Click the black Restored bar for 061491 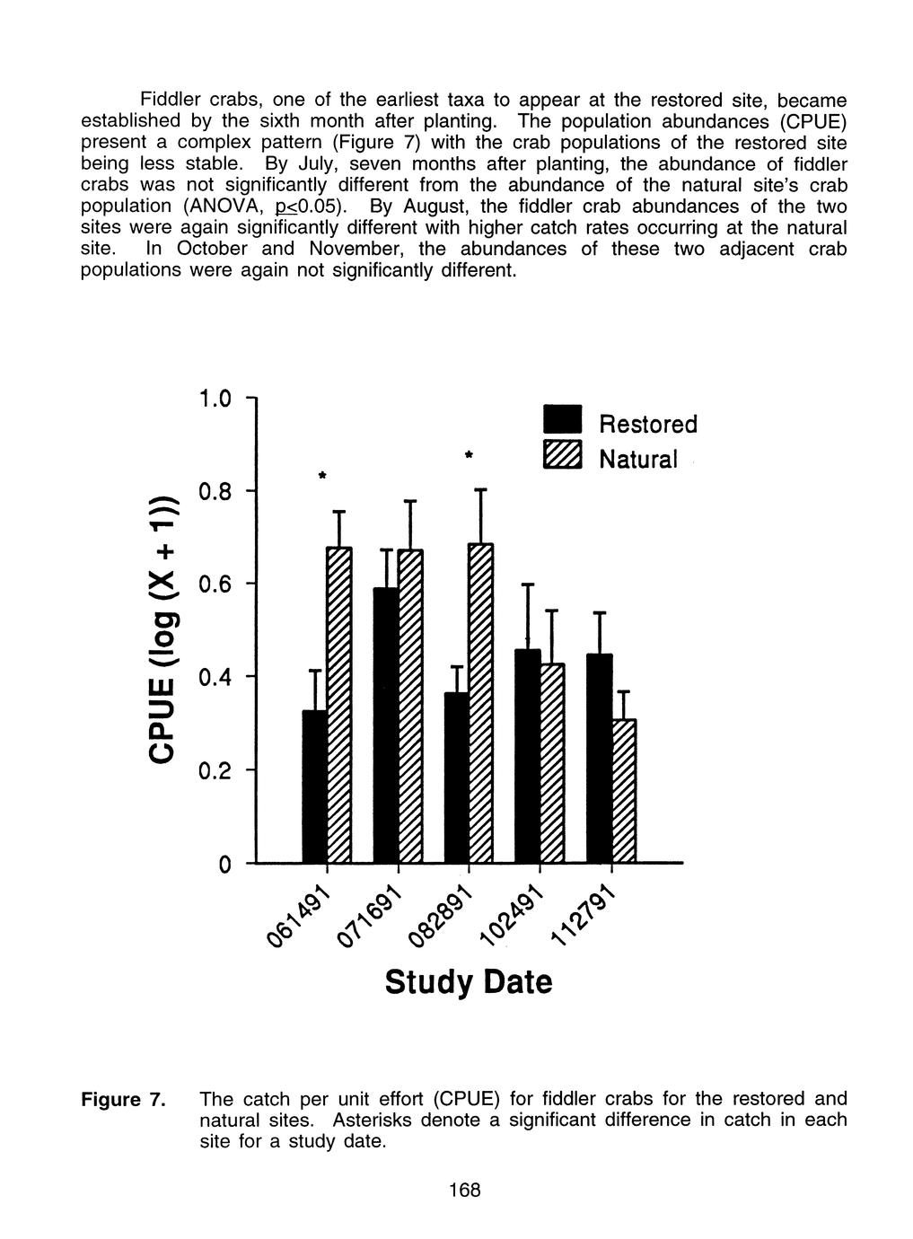(314, 786)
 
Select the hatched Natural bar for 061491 (339, 704)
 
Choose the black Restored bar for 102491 (528, 755)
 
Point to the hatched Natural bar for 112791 (623, 790)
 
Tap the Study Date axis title (469, 981)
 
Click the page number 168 (465, 1191)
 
